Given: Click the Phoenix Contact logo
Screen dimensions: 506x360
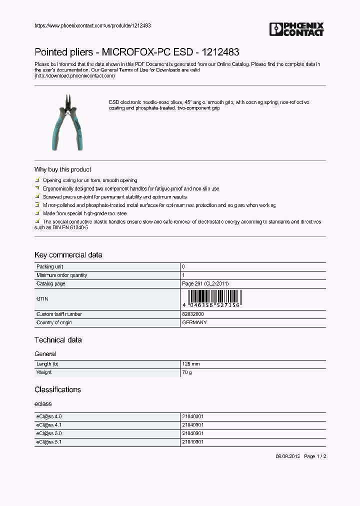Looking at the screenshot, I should coord(296,29).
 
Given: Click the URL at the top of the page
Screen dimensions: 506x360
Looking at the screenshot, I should coord(92,25).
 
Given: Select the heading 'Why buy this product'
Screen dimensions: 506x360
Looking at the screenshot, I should coord(62,169).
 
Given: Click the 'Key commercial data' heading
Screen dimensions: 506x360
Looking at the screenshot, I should coord(68,255).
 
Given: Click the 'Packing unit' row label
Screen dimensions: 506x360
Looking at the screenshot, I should coord(49,267).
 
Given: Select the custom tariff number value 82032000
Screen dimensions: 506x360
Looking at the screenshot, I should coord(192,314).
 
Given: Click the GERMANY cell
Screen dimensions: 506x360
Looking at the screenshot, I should coord(194,323).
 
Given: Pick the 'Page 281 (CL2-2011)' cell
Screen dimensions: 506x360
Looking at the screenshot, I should coord(205,284).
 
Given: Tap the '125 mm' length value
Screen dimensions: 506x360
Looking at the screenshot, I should coord(190,364).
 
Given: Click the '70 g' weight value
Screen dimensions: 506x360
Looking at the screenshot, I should coord(186,372).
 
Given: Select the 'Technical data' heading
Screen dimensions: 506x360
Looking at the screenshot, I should coord(58,340).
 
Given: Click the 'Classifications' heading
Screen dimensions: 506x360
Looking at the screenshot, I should coord(57,389).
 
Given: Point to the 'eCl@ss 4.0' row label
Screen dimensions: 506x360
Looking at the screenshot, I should coord(48,416).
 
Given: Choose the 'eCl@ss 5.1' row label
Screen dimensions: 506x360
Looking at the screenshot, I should coord(48,442).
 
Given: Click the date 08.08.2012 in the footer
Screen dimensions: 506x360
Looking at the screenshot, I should coord(287,456).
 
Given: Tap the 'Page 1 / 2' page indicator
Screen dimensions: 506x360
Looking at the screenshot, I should coord(315,456).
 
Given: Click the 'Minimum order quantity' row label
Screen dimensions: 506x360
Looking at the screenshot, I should coord(61,275).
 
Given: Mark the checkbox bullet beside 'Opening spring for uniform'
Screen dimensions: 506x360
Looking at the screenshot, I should coord(37,180).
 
